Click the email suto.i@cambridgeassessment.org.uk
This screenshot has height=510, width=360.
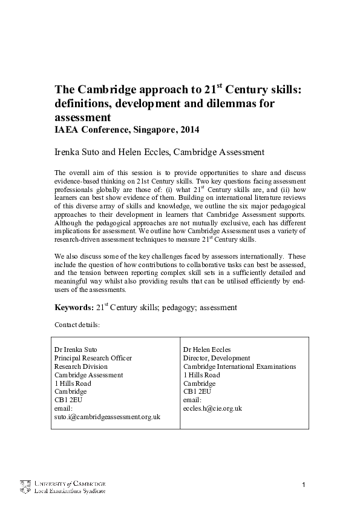click(107, 417)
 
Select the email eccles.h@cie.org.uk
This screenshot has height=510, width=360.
click(212, 408)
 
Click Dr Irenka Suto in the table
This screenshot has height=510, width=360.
click(76, 349)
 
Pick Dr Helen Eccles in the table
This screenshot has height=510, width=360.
click(207, 349)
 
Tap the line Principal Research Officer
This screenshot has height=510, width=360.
click(93, 358)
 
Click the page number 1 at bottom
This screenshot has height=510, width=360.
click(304, 486)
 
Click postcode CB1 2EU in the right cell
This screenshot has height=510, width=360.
click(197, 391)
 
